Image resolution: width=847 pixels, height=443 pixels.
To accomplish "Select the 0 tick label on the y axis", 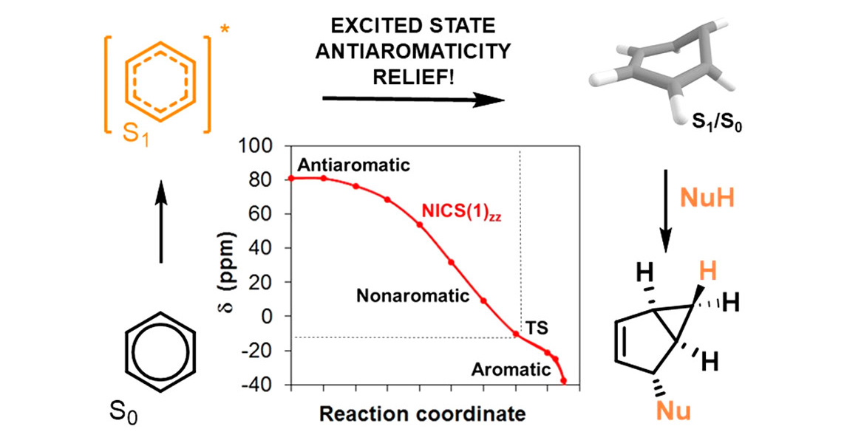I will click(x=277, y=317).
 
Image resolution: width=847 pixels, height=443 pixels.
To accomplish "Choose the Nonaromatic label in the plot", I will click(x=413, y=297).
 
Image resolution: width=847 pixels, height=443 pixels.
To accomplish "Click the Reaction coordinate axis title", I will click(x=422, y=413).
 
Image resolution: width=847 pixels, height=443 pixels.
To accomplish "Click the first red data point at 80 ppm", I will click(x=291, y=178).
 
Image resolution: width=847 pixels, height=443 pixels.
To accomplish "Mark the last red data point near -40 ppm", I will click(x=564, y=381).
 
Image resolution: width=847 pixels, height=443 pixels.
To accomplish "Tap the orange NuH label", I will click(x=704, y=199).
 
